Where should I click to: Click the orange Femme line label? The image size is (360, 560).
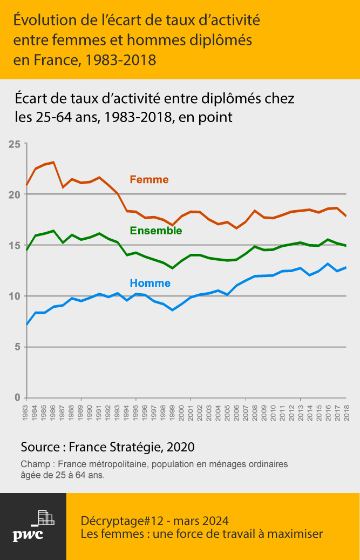pyautogui.click(x=149, y=180)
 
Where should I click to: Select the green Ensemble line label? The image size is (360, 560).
pyautogui.click(x=156, y=231)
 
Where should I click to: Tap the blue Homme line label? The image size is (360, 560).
pyautogui.click(x=150, y=283)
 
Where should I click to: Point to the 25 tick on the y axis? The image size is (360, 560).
pyautogui.click(x=14, y=144)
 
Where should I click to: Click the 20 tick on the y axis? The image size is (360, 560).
pyautogui.click(x=14, y=195)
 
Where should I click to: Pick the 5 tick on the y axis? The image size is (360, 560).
pyautogui.click(x=17, y=347)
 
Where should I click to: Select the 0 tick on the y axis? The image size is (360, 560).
pyautogui.click(x=17, y=397)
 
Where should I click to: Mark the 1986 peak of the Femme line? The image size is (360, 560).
pyautogui.click(x=53, y=162)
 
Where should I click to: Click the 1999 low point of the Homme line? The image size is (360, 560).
pyautogui.click(x=172, y=310)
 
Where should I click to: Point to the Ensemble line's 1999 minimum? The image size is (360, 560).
pyautogui.click(x=172, y=268)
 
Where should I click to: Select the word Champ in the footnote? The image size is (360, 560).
pyautogui.click(x=35, y=464)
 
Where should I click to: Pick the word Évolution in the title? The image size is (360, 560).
pyautogui.click(x=42, y=20)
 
